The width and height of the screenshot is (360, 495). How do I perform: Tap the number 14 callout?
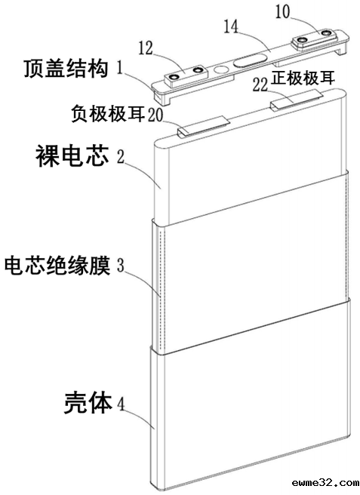230,27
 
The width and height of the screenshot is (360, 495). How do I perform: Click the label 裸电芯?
69,157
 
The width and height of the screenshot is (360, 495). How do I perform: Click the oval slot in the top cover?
251,60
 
